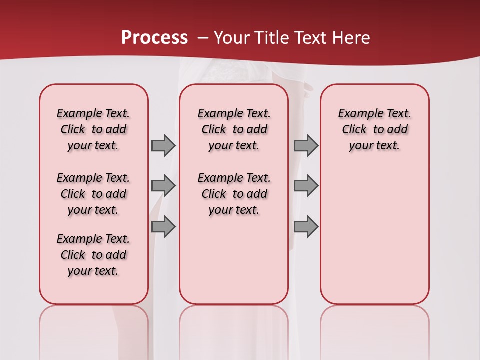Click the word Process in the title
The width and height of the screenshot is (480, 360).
[154, 38]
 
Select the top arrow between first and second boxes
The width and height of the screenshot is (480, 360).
[163, 145]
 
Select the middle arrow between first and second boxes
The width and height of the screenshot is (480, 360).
[163, 186]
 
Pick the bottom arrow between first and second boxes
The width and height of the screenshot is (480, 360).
[163, 226]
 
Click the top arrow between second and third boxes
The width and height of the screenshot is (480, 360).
[306, 145]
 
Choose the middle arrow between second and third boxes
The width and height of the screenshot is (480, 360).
[306, 186]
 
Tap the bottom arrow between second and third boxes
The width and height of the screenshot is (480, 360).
[306, 226]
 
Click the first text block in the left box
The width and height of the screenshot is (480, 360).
[93, 129]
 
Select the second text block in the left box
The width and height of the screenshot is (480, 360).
[93, 194]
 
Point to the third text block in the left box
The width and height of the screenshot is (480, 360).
[93, 255]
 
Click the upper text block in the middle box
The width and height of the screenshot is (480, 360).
[234, 129]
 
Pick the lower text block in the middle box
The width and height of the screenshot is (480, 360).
[234, 194]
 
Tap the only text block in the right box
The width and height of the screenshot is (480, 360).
[374, 129]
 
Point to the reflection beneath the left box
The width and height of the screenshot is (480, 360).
[94, 330]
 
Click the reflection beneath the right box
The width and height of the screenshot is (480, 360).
[374, 330]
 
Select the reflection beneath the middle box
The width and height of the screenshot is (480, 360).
[234, 330]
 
